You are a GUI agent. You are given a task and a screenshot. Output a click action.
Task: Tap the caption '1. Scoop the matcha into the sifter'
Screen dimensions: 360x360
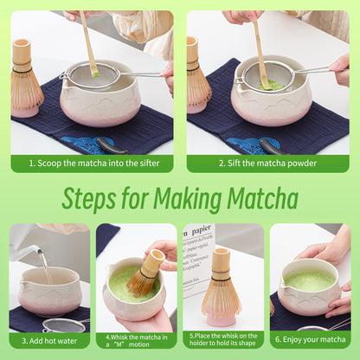pyautogui.click(x=91, y=163)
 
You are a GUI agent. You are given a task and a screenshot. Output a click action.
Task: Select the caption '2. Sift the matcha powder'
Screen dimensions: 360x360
pyautogui.click(x=269, y=163)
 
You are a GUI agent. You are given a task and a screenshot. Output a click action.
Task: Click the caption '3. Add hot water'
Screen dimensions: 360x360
pyautogui.click(x=48, y=341)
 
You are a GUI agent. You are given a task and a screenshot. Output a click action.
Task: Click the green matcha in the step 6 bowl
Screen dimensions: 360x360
pyautogui.click(x=310, y=281)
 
